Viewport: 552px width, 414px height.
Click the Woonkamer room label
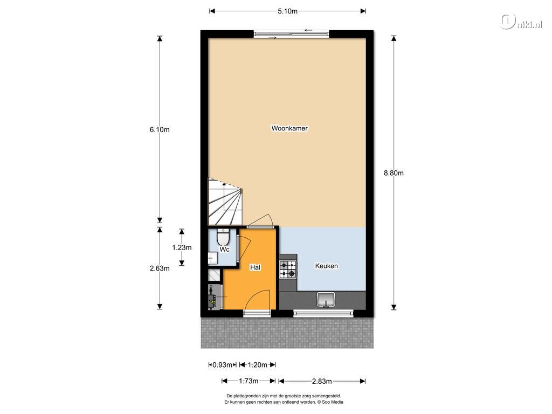point(289,128)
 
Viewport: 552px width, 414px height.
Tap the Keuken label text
point(326,266)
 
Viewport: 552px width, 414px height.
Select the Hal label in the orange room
point(255,267)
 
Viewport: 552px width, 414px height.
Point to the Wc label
point(225,249)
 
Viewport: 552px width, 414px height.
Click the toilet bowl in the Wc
point(223,237)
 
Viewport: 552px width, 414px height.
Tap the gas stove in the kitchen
point(288,270)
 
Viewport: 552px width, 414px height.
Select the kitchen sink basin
point(326,300)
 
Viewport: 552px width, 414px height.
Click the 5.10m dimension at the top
point(288,11)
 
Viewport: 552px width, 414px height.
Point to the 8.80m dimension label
point(394,173)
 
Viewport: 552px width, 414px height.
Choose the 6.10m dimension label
point(160,129)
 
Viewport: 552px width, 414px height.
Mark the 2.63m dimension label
point(160,268)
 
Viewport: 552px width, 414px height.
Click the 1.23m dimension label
point(182,247)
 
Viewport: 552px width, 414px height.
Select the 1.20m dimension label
point(257,365)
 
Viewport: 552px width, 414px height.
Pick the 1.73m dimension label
point(249,381)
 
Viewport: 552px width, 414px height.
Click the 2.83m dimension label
point(322,381)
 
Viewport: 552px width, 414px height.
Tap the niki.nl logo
point(521,22)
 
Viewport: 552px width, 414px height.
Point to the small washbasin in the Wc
point(212,258)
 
